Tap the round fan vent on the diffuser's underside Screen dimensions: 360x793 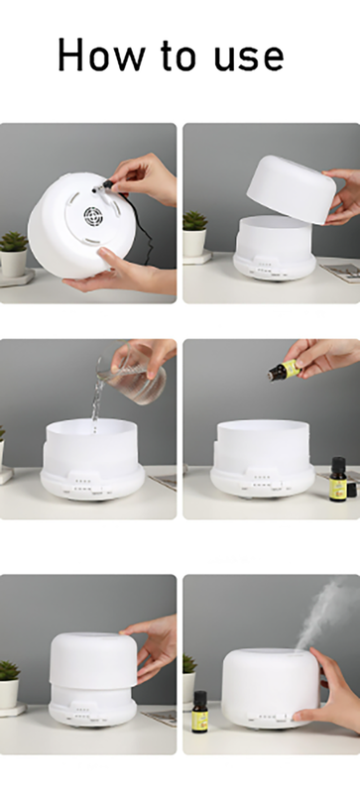pyautogui.click(x=93, y=216)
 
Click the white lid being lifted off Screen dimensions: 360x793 pyautogui.click(x=292, y=188)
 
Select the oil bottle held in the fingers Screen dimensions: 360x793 pyautogui.click(x=284, y=370)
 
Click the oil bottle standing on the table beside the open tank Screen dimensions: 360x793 pyautogui.click(x=338, y=479)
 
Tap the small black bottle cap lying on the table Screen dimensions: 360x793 pyautogui.click(x=351, y=490)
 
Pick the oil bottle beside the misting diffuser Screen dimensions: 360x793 pyautogui.click(x=200, y=712)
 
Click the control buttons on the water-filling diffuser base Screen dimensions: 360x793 pyautogui.click(x=84, y=485)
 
